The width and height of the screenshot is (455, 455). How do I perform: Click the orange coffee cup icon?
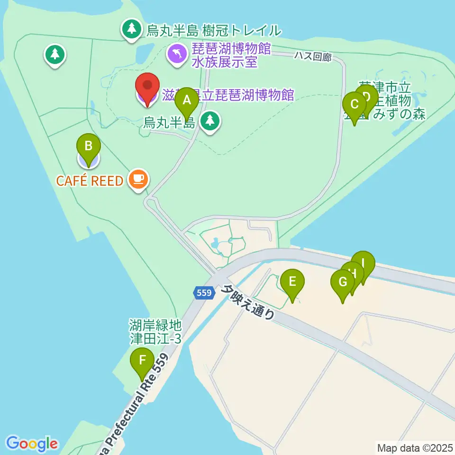tap(138, 179)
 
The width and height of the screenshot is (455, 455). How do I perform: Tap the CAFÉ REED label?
tap(90, 180)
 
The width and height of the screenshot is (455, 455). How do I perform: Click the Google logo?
tap(32, 444)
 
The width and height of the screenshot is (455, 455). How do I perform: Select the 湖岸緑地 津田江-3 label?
tap(155, 332)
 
